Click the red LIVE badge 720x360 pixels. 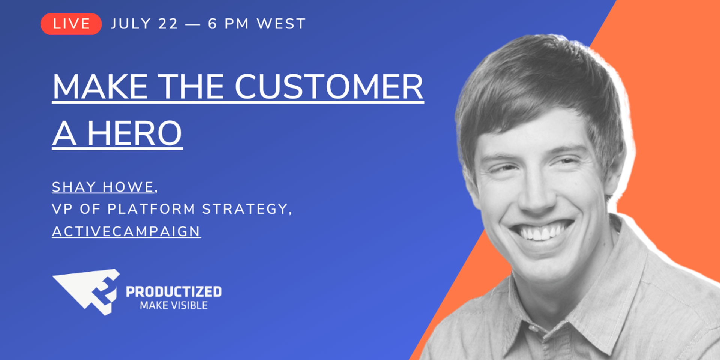tap(71, 24)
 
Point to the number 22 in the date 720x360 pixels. tap(168, 24)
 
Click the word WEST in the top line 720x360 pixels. tap(281, 24)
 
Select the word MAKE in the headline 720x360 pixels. tap(100, 87)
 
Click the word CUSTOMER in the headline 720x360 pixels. tap(329, 87)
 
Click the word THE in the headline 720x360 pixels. tap(191, 87)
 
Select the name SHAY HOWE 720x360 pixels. tap(103, 187)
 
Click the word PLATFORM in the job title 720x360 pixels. tap(151, 209)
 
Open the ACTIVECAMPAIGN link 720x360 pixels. tap(126, 231)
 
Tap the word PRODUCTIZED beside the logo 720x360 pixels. tap(174, 292)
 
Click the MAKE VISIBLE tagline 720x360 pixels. tap(174, 305)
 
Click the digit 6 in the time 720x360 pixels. tap(212, 24)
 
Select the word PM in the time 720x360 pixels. tap(237, 24)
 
